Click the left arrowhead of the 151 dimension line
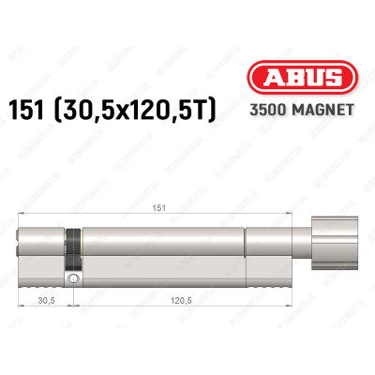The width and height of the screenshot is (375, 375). (22, 217)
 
